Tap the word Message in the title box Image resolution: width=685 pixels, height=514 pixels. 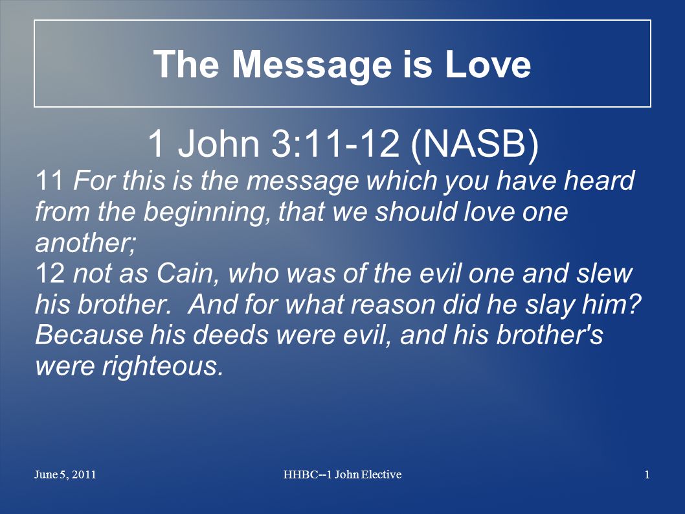pyautogui.click(x=311, y=65)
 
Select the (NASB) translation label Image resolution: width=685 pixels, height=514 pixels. pyautogui.click(x=475, y=144)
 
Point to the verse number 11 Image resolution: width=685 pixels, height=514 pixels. pyautogui.click(x=49, y=180)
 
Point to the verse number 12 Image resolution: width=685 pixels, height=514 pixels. pyautogui.click(x=50, y=273)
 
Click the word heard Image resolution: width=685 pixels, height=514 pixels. pyautogui.click(x=598, y=180)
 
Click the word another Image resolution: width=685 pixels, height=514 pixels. pyautogui.click(x=85, y=242)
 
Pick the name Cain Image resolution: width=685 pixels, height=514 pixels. pyautogui.click(x=187, y=274)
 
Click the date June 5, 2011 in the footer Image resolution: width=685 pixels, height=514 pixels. pyautogui.click(x=65, y=474)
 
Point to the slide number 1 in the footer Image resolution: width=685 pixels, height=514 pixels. pyautogui.click(x=647, y=474)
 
